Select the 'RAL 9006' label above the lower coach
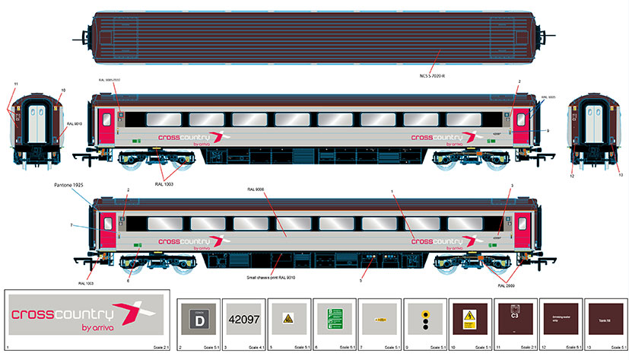click(256, 189)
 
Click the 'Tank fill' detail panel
click(604, 320)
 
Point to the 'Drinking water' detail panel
click(560, 320)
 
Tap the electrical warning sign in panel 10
click(469, 319)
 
